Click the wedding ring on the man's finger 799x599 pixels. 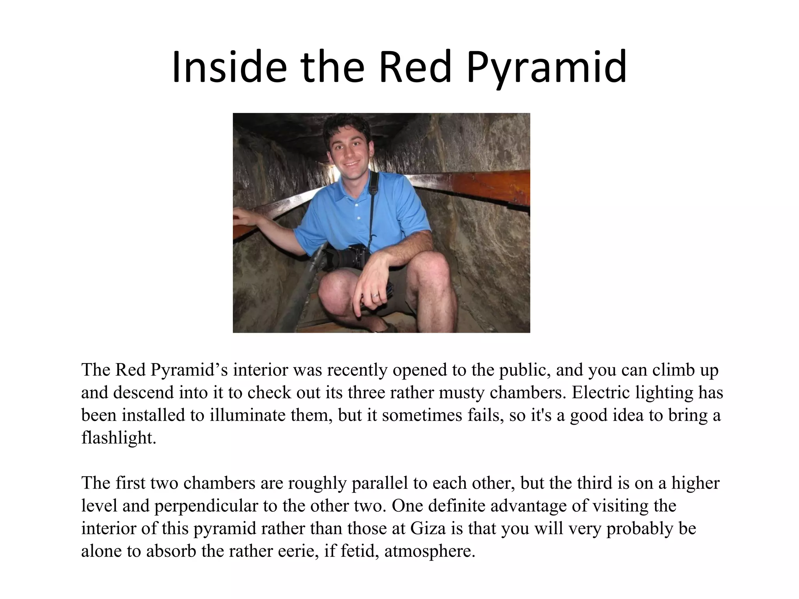(x=375, y=296)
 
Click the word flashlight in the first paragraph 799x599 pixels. (x=118, y=438)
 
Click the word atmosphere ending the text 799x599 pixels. (x=430, y=551)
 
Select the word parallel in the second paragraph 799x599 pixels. (x=375, y=483)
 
